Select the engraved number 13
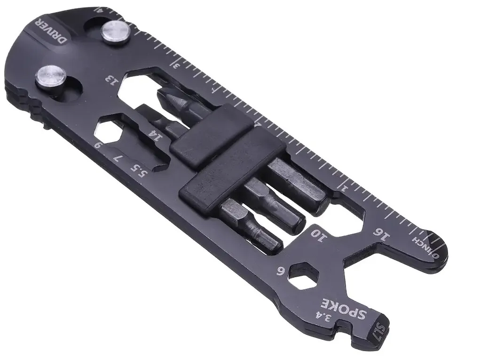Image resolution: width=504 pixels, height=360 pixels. pos(112,77)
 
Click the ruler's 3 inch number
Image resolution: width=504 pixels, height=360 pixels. pos(176,64)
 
